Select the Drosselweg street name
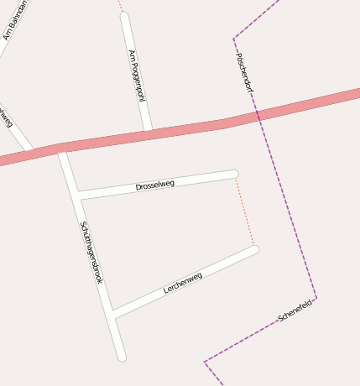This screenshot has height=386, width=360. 155,185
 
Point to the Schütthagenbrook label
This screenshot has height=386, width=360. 91,252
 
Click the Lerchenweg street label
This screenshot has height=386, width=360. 183,284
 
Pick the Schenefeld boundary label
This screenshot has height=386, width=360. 295,310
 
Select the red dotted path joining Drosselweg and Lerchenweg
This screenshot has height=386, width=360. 244,211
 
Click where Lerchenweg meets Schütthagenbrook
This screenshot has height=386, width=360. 112,316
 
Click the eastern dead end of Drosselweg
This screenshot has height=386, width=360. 234,175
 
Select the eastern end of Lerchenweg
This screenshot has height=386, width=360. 254,249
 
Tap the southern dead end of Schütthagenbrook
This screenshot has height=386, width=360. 122,357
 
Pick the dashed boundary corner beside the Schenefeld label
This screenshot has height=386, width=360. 316,298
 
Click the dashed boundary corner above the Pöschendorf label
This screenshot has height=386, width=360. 234,39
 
